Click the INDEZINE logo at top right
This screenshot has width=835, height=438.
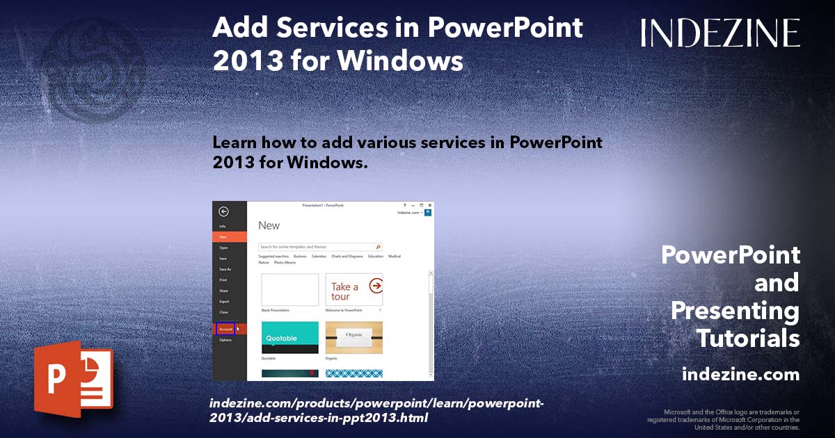[x=720, y=33]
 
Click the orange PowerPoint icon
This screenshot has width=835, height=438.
[x=73, y=379]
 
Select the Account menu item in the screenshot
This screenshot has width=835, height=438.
[x=226, y=329]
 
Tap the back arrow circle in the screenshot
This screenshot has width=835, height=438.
[x=223, y=212]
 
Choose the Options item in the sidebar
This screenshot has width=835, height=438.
[x=225, y=340]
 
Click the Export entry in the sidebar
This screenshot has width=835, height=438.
[x=224, y=301]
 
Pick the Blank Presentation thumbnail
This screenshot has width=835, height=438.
[x=289, y=289]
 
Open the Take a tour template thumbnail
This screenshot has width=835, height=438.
[x=353, y=289]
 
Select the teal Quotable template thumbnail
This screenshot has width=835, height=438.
[x=289, y=337]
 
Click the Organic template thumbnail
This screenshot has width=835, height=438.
[x=353, y=337]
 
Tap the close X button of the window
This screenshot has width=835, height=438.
[x=430, y=205]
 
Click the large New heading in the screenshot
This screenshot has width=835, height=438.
[x=269, y=225]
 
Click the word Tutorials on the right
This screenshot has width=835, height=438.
[x=748, y=339]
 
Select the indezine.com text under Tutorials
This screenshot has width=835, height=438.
[x=740, y=375]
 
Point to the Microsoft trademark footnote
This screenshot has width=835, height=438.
[x=723, y=419]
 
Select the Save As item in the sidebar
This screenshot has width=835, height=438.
[x=225, y=269]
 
